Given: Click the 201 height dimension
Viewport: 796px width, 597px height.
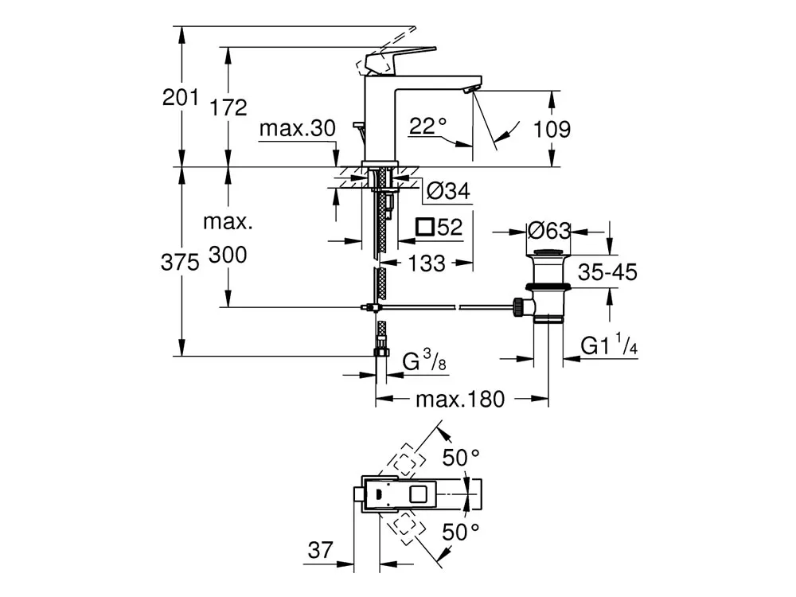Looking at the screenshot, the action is (180, 97).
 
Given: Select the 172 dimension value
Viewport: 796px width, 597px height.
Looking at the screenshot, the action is (228, 107).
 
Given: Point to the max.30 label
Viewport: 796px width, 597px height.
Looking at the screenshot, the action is (298, 128).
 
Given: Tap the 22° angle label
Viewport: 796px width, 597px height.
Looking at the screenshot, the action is (428, 126).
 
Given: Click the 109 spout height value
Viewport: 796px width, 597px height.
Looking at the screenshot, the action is (552, 129).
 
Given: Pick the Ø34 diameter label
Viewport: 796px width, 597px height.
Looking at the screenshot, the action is (448, 191).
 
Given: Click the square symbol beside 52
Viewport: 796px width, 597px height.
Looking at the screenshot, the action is (425, 227).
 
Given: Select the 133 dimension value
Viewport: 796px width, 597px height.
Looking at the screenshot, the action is (427, 263).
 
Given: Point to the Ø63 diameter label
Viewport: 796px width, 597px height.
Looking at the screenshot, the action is (549, 231).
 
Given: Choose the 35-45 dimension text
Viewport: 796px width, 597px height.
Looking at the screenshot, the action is (607, 272).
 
